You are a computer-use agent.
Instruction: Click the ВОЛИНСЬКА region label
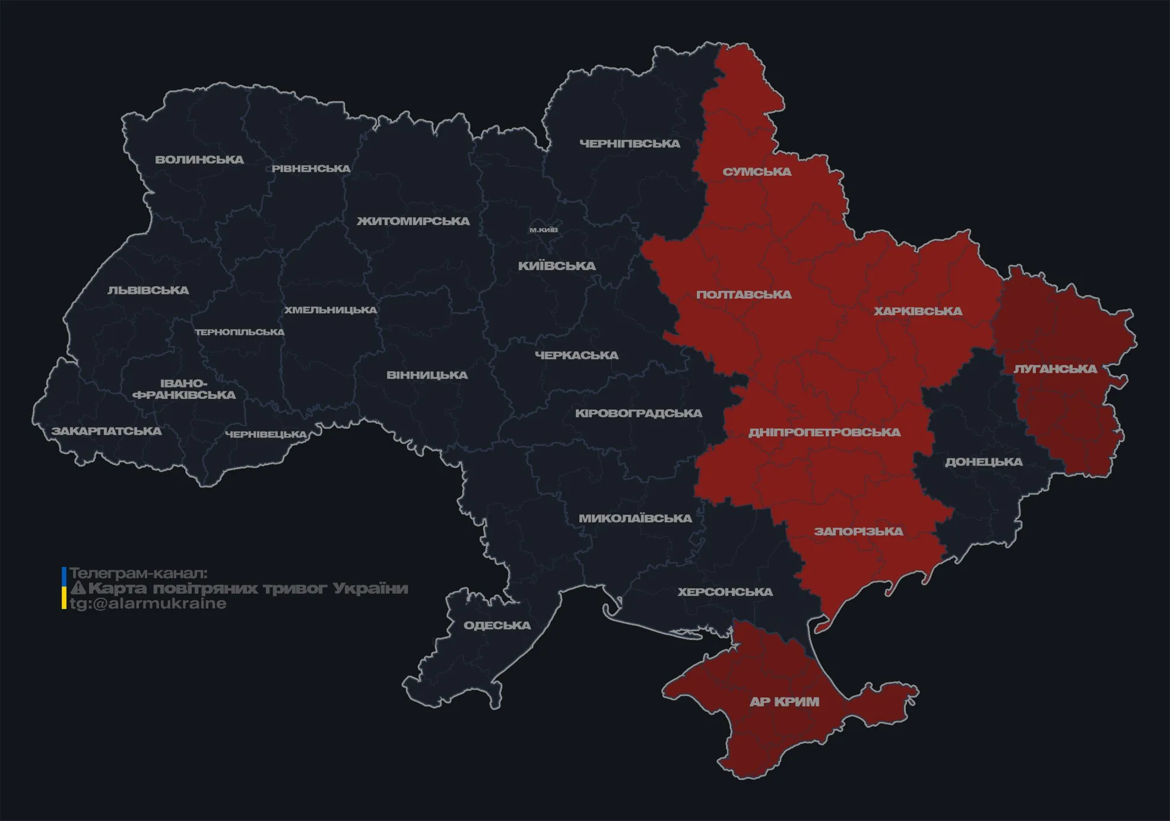tap(199, 160)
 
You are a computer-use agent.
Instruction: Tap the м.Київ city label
tap(543, 230)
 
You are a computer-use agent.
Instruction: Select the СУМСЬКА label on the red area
tap(757, 172)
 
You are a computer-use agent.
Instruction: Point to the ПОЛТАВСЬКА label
tap(744, 295)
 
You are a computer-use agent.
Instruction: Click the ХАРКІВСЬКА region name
tap(918, 312)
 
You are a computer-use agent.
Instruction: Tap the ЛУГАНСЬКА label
tap(1055, 369)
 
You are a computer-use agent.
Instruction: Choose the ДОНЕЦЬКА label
tap(984, 462)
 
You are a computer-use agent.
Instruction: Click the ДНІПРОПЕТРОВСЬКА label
tap(824, 433)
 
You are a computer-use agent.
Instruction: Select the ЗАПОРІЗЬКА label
tap(858, 532)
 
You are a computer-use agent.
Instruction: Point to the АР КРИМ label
tap(784, 702)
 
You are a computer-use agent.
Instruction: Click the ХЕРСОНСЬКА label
tap(725, 592)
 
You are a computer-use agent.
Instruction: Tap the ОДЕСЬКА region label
tap(497, 626)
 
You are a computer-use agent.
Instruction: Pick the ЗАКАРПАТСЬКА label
tap(106, 431)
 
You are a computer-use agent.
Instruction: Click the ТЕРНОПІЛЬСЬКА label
tap(240, 332)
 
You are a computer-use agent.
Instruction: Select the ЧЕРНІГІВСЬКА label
tap(629, 144)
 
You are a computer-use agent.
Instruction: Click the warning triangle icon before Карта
tap(78, 589)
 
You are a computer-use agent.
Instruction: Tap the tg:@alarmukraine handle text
tap(148, 604)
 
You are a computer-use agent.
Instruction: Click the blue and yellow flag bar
tap(64, 588)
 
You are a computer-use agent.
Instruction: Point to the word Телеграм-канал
tap(138, 573)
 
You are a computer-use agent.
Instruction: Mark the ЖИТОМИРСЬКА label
tap(413, 221)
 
